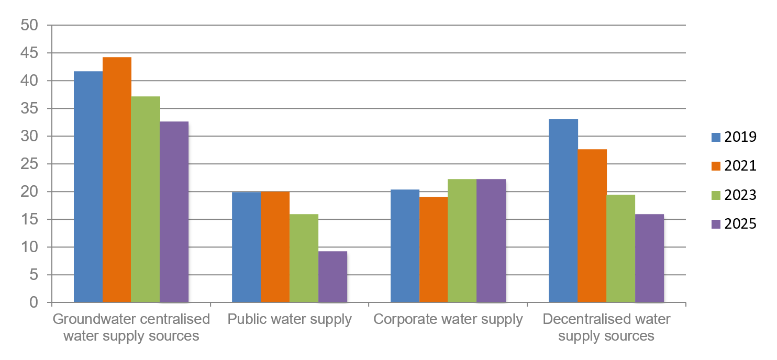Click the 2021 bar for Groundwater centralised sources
[117, 179]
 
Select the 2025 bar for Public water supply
[332, 277]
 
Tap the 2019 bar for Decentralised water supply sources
[563, 210]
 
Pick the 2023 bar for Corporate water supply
[462, 241]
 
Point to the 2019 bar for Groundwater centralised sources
[88, 187]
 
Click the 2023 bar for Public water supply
[304, 258]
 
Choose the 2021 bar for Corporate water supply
[434, 250]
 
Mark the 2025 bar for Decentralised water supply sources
[649, 258]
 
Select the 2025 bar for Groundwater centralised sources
[174, 212]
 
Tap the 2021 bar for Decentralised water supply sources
[592, 226]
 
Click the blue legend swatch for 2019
[716, 138]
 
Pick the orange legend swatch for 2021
[716, 166]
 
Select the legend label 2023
[740, 195]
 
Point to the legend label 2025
[740, 224]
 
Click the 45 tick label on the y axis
[30, 53]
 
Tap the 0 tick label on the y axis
[34, 302]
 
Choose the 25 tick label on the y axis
[30, 164]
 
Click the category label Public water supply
[290, 320]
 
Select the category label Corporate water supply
[448, 320]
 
